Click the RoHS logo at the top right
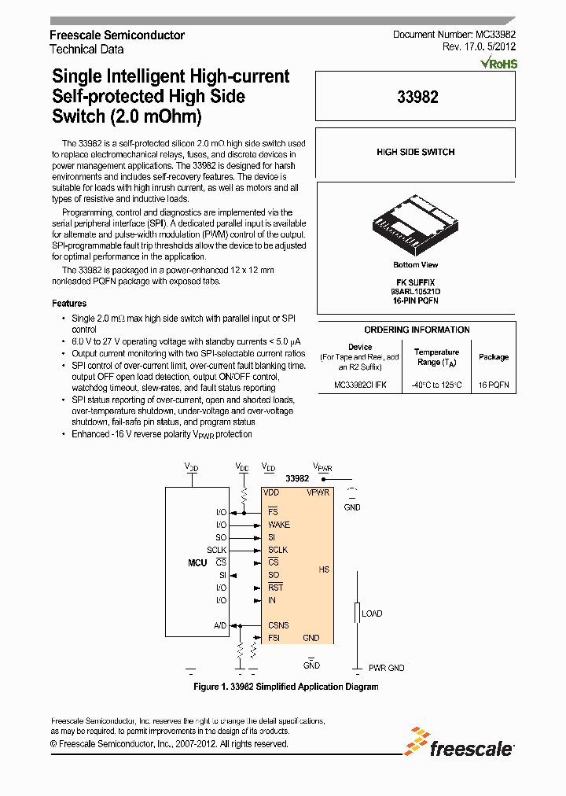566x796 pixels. (x=499, y=62)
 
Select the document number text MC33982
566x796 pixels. (x=495, y=35)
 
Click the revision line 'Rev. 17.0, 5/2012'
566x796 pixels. (x=479, y=48)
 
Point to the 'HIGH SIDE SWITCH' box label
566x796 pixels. (x=415, y=152)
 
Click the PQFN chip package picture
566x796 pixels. (x=415, y=223)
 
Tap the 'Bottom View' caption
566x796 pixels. (x=416, y=265)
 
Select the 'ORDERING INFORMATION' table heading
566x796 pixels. (x=417, y=330)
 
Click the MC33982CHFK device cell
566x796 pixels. (x=360, y=385)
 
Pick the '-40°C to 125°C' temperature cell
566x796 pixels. (x=436, y=385)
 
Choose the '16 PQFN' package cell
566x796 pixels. (x=494, y=385)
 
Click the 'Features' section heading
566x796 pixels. (x=69, y=303)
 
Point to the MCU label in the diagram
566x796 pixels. (x=197, y=562)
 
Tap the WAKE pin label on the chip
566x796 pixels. (x=278, y=525)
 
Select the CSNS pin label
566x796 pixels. (x=278, y=625)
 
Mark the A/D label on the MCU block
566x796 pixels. (x=220, y=625)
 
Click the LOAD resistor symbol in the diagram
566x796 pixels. (x=356, y=614)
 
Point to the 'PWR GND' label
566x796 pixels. (x=387, y=668)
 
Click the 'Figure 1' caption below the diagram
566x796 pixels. (x=286, y=687)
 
